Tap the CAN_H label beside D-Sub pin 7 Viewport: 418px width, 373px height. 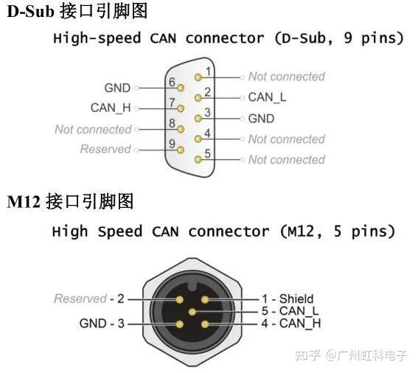coord(111,108)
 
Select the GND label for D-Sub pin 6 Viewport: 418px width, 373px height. coord(117,87)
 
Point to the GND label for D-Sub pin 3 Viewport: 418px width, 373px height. coord(261,118)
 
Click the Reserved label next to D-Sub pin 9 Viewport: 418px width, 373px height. coord(105,149)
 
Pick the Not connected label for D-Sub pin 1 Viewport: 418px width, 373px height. coord(286,76)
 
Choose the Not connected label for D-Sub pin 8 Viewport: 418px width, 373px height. coord(93,129)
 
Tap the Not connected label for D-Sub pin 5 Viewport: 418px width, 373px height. coord(286,159)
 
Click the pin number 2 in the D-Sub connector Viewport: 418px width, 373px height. coord(208,92)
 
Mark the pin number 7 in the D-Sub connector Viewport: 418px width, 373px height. coord(172,103)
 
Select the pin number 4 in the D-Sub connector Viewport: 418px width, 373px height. coord(208,133)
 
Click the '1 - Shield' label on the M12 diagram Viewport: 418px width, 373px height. coord(288,299)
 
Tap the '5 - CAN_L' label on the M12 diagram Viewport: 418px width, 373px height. coord(290,311)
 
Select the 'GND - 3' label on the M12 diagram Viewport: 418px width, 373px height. coord(102,323)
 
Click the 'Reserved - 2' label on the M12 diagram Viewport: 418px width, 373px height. coord(89,299)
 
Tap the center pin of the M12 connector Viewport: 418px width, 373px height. coord(192,312)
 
